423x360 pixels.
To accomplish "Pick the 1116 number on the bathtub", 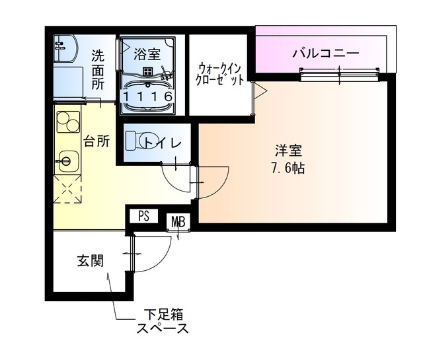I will point(148,96).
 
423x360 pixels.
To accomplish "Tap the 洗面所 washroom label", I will point(98,69).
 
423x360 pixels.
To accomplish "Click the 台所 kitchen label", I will point(96,140).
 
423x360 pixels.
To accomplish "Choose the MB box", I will point(178,221).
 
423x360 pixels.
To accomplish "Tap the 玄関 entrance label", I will point(90,260).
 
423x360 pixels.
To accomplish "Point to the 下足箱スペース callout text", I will point(163,320).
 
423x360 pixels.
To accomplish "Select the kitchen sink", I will point(66,161).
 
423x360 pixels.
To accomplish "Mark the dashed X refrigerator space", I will point(67,191).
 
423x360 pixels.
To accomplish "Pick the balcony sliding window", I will point(340,73).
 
